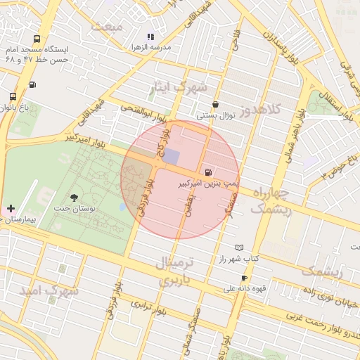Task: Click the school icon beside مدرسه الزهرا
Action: (x=150, y=36)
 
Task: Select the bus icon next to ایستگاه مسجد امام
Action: (x=37, y=39)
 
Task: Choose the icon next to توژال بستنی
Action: (x=214, y=104)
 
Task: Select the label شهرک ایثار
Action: (x=180, y=88)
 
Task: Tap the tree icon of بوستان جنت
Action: (x=75, y=198)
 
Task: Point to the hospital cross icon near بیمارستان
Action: (x=11, y=209)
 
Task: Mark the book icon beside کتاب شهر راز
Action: (x=240, y=247)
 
